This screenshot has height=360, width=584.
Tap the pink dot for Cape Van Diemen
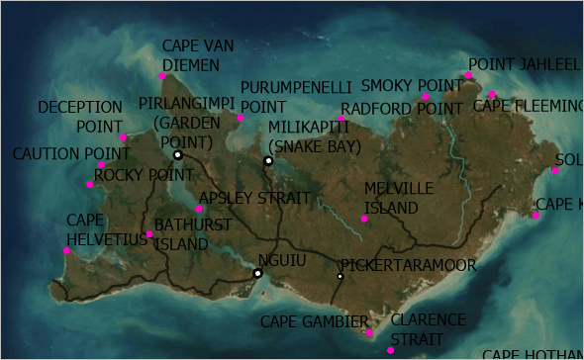point(162,75)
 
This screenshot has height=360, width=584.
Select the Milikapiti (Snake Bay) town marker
point(268,160)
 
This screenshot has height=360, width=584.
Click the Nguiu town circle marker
point(257,273)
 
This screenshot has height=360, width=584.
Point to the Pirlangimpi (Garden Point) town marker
point(178,155)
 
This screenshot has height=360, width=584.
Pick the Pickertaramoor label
point(409,265)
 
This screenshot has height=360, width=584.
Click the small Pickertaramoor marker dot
point(340,276)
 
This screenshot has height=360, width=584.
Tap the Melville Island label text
point(399,198)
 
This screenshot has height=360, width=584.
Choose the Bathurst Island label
point(193,234)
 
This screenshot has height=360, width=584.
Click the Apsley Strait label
point(254,199)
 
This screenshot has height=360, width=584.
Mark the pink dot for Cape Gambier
point(369,332)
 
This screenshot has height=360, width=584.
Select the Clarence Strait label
point(428,328)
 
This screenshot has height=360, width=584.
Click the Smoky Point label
point(399,85)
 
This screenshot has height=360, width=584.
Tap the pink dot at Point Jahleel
point(468,75)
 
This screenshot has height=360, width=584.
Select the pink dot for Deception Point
point(124,137)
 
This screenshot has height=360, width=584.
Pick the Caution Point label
point(71,154)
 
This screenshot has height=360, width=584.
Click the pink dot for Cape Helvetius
point(67,250)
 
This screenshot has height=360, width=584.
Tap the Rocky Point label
point(144,175)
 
